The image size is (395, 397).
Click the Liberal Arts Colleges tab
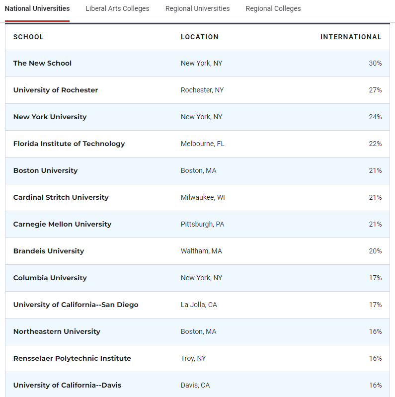[x=117, y=8]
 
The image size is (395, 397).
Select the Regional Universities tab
[x=197, y=8]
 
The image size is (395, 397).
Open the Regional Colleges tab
[x=273, y=8]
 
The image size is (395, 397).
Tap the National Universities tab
[x=37, y=8]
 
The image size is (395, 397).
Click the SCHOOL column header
[x=28, y=37]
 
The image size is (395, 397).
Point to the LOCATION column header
[x=199, y=37]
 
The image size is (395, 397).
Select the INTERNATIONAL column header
[x=351, y=37]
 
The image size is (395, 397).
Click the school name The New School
[x=42, y=63]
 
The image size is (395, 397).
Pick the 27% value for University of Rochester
[x=375, y=90]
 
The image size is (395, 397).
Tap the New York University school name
[x=50, y=117]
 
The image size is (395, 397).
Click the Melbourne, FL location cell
[x=202, y=144]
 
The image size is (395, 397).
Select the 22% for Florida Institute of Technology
[x=375, y=144]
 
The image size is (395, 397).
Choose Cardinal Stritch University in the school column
[x=61, y=197]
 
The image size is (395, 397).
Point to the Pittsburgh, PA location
[x=202, y=224]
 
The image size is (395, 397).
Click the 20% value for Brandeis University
[x=375, y=251]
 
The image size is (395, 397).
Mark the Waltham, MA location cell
[x=201, y=251]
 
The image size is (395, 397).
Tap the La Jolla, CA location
[x=199, y=305]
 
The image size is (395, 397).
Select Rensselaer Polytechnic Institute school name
[x=72, y=358]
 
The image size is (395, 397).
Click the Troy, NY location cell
[x=193, y=358]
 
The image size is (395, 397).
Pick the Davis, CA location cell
[x=195, y=385]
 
